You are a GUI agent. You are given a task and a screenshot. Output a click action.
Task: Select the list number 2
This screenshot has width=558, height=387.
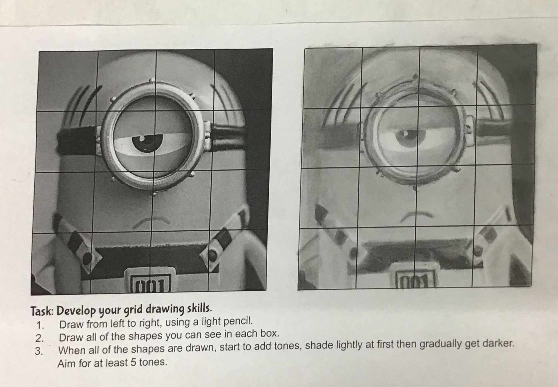click(40, 338)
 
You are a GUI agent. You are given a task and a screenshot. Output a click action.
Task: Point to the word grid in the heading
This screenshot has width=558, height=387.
click(134, 310)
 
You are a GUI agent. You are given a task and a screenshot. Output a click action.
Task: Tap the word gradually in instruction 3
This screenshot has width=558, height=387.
click(441, 344)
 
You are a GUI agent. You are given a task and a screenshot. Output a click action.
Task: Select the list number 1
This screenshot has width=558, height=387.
click(40, 325)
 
